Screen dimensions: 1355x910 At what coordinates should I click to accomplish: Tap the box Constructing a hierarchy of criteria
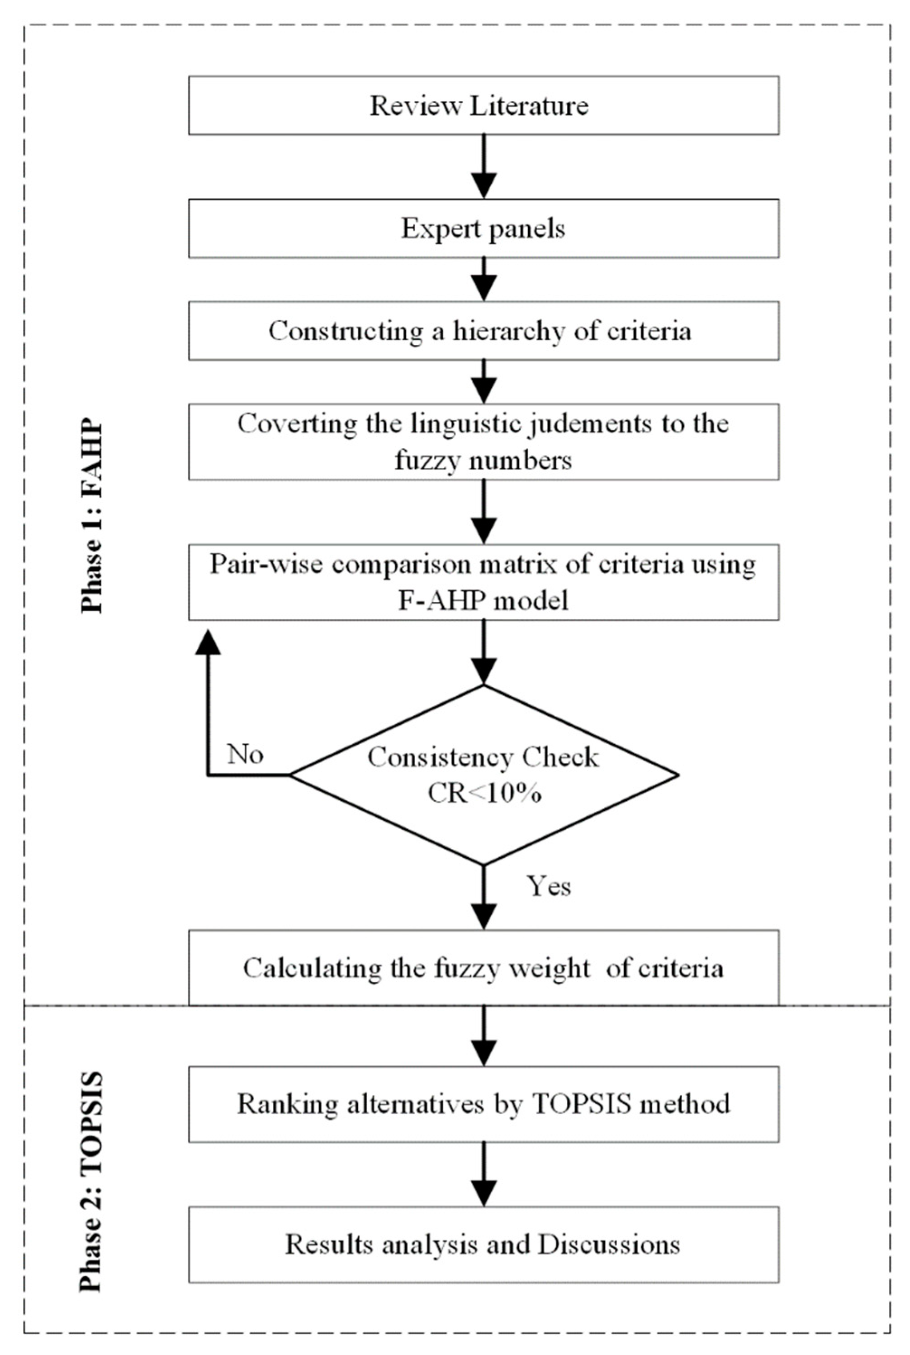point(483,331)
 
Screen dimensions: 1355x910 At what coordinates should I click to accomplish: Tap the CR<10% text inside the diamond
point(484,793)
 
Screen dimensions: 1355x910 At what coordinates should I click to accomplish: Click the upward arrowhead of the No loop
point(208,643)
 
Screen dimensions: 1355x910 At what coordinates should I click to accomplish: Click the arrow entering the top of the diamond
point(483,653)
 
